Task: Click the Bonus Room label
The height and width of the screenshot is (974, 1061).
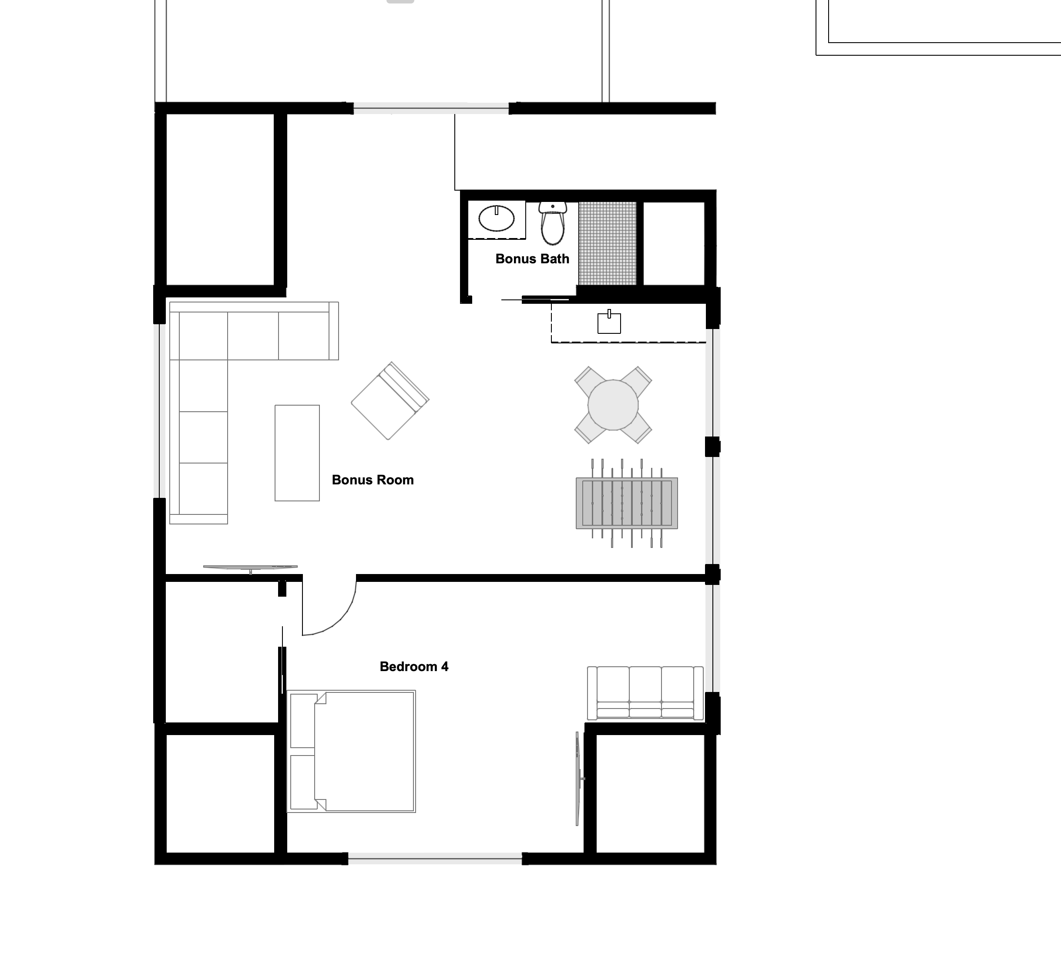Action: coord(373,480)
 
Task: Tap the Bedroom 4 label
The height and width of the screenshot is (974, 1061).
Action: coord(414,667)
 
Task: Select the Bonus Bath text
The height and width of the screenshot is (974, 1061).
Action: coord(532,259)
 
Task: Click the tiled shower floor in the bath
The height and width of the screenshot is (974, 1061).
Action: coord(608,244)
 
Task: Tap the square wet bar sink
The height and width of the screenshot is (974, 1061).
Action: coord(609,322)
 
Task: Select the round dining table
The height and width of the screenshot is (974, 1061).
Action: coord(613,405)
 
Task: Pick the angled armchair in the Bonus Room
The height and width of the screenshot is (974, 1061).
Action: coord(390,400)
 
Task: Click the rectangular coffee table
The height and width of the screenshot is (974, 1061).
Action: coord(297,453)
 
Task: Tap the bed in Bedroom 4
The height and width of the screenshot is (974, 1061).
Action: coord(352,752)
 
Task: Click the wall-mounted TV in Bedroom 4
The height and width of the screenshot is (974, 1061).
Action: coord(579,779)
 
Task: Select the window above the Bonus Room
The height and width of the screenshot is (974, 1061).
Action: coord(431,108)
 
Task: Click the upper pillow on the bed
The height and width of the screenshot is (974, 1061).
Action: coord(303,720)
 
